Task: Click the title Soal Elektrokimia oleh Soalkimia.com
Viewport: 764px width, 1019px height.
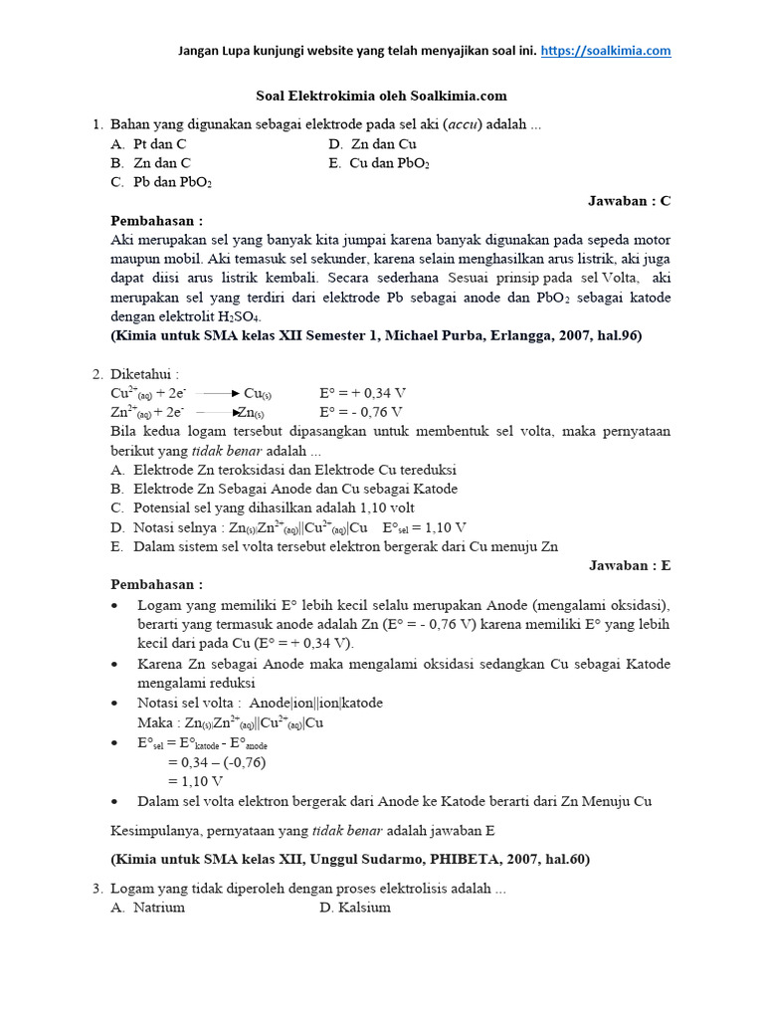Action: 376,97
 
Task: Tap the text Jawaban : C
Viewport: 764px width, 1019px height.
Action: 630,201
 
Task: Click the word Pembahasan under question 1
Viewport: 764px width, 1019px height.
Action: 156,221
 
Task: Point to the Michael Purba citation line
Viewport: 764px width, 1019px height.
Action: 376,336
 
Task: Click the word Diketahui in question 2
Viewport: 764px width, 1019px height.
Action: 144,374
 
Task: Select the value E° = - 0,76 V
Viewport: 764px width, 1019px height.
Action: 361,412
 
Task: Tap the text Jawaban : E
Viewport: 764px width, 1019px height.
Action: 630,565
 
